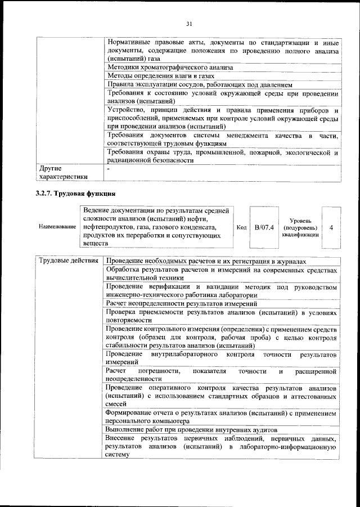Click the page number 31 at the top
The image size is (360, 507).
point(189,23)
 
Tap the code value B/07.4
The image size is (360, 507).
point(264,227)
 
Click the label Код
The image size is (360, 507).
point(242,227)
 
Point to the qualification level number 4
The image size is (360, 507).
point(331,227)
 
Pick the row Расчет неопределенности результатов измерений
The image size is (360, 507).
point(183,303)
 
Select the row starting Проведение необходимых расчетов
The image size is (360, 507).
point(206,262)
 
